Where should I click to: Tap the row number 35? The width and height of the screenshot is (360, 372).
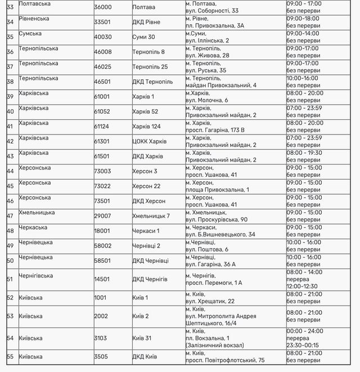tap(10, 37)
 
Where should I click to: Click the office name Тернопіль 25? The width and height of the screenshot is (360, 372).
tap(150, 67)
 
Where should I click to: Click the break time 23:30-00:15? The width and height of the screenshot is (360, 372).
tap(305, 345)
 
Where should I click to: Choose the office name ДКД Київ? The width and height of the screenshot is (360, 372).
tap(145, 356)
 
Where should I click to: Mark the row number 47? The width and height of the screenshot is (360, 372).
tap(10, 216)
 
